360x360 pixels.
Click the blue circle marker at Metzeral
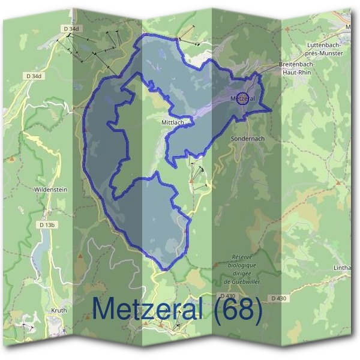coord(242,98)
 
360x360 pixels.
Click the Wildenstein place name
coord(50,190)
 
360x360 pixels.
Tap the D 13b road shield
coord(47,225)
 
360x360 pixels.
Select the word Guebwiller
coord(243,280)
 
